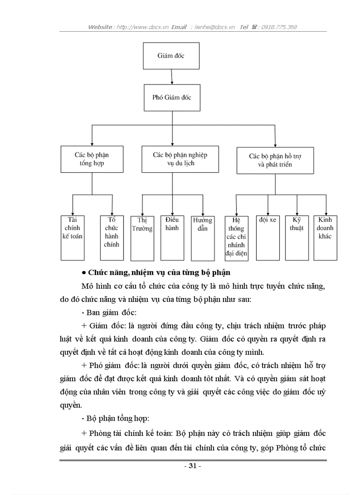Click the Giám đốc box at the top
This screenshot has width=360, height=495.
[x=171, y=56]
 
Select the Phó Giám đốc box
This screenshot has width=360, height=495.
[x=172, y=97]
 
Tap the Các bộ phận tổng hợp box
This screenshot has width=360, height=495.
[x=91, y=159]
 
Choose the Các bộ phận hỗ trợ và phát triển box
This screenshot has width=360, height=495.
[x=275, y=160]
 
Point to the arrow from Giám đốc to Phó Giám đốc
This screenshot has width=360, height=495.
[x=172, y=76]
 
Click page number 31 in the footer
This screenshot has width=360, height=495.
[x=192, y=466]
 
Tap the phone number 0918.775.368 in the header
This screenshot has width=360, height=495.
[x=279, y=27]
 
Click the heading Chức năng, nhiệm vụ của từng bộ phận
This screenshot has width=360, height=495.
[x=159, y=272]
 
